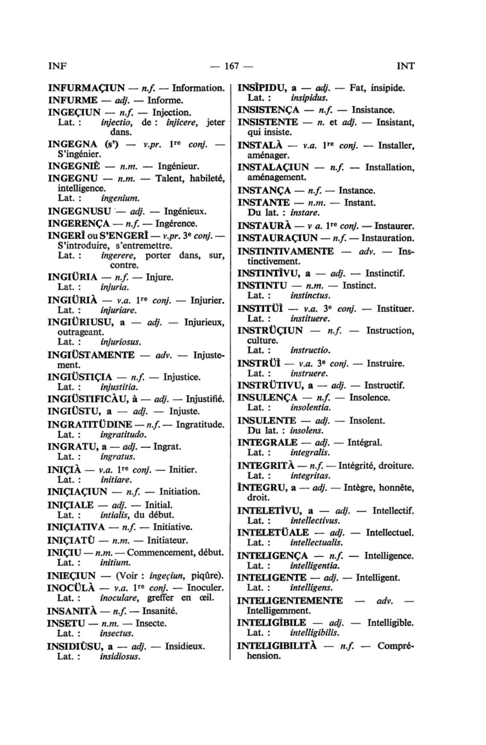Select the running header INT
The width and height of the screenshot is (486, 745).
pos(405,66)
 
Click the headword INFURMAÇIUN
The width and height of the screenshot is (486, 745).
pos(86,88)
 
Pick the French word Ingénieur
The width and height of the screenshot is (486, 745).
pos(178,167)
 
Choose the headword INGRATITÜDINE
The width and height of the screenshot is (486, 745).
pos(90,424)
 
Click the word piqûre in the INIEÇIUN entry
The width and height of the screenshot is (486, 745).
pos(206,576)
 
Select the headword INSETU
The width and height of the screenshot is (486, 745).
pos(66,623)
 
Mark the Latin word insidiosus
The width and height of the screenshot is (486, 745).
pos(120,657)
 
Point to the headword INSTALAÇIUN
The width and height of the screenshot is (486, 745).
pos(273,167)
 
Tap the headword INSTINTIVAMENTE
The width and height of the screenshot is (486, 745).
pos(285,251)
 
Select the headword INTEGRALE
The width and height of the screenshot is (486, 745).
pos(267,443)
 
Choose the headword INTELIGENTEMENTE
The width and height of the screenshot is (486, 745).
pos(290,601)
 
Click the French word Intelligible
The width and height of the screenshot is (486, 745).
pos(390,623)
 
